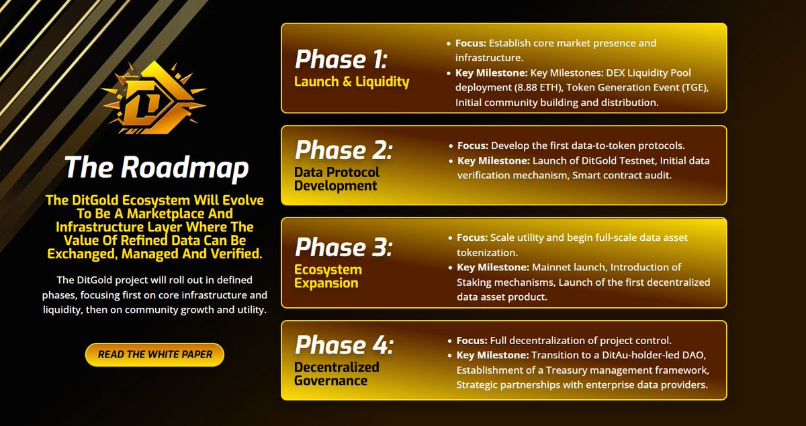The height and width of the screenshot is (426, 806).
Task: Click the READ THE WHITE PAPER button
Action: [x=154, y=354]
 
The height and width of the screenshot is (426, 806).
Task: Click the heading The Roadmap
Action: [x=156, y=168]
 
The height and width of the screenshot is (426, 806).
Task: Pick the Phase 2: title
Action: [x=343, y=149]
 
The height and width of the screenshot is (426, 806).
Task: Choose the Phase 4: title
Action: [x=343, y=345]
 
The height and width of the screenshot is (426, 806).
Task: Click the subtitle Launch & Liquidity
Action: [x=351, y=82]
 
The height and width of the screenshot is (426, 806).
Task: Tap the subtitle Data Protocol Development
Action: [x=337, y=178]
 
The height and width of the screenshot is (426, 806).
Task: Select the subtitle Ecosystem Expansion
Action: [x=328, y=276]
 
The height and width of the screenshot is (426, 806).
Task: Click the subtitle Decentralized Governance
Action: [x=337, y=374]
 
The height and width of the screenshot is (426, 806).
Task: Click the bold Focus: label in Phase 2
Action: [x=473, y=146]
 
